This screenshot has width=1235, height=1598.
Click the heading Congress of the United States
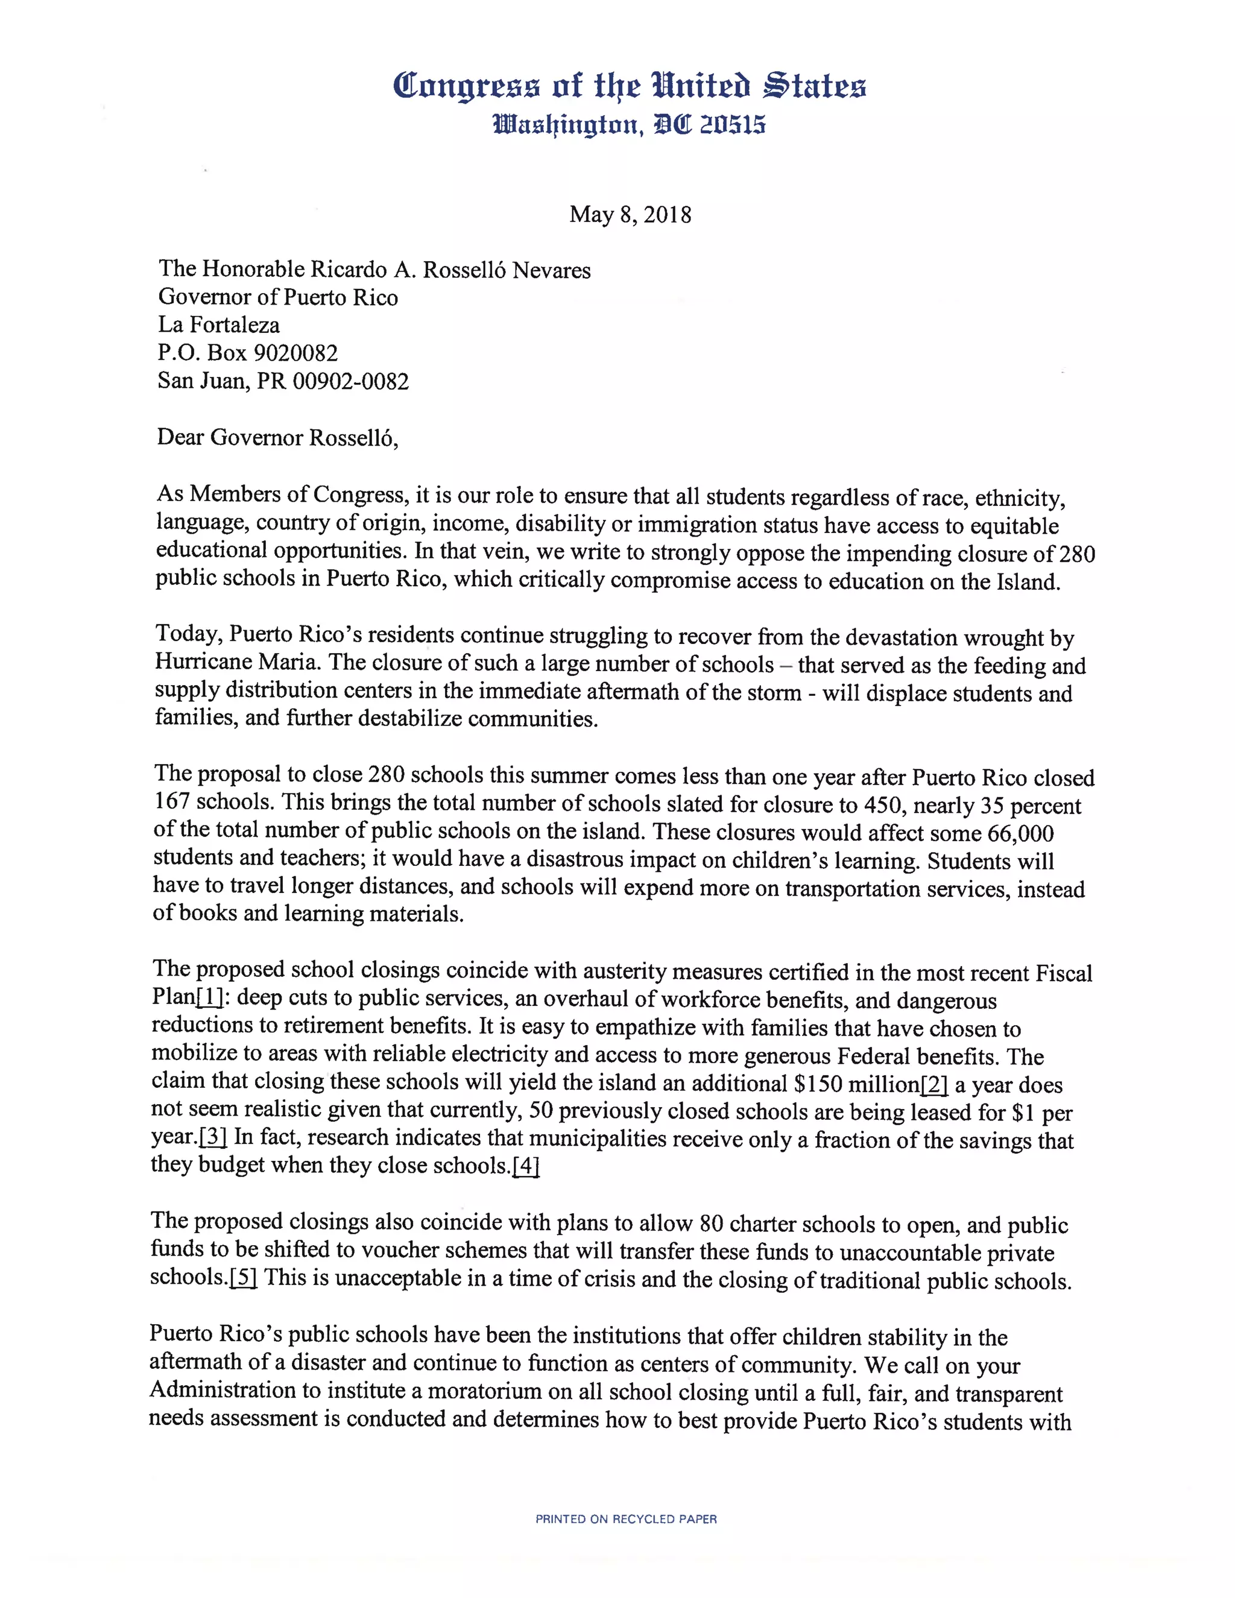[629, 86]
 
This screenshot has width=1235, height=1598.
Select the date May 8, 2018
[630, 215]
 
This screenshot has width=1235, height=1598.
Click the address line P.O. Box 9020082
[247, 353]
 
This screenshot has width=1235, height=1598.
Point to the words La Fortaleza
[219, 325]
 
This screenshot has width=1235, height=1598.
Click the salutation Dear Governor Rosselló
[277, 438]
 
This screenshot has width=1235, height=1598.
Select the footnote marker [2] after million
[933, 1084]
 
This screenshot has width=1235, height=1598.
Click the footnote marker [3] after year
[213, 1138]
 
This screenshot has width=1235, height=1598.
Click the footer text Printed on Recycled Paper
[625, 1519]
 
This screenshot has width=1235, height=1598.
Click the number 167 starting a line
[172, 802]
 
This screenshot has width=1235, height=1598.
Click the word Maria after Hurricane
[288, 662]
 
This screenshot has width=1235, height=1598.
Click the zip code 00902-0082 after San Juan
[350, 381]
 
